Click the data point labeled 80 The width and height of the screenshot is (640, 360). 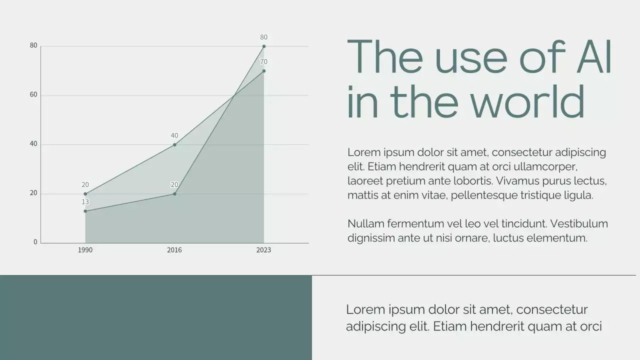[x=264, y=46]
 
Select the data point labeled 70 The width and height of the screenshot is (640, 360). [x=264, y=71]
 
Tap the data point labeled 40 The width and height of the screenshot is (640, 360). [x=174, y=145]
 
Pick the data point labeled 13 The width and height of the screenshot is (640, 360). [x=85, y=211]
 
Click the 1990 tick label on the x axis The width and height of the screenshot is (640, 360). [x=85, y=250]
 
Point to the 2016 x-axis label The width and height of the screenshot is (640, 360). [x=174, y=250]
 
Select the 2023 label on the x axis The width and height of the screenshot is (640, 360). [x=263, y=250]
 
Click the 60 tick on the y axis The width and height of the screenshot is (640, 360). [x=33, y=94]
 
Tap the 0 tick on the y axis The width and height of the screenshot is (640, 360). [x=35, y=242]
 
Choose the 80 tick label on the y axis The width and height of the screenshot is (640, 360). [x=33, y=45]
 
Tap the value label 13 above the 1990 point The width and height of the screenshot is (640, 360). [x=85, y=202]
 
